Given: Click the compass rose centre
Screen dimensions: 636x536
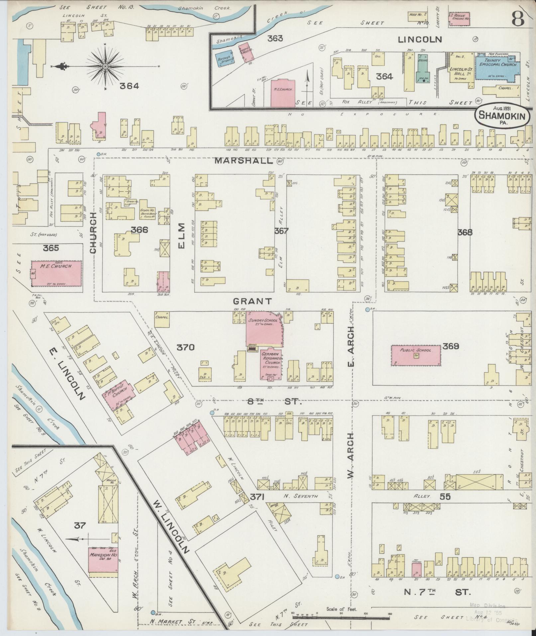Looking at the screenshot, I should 105,66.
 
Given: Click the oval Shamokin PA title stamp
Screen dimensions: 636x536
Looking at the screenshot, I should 502,116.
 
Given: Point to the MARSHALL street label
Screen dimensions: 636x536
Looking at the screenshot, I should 244,161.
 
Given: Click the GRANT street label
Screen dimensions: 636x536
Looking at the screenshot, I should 253,301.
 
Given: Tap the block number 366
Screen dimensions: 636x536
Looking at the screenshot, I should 139,230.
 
